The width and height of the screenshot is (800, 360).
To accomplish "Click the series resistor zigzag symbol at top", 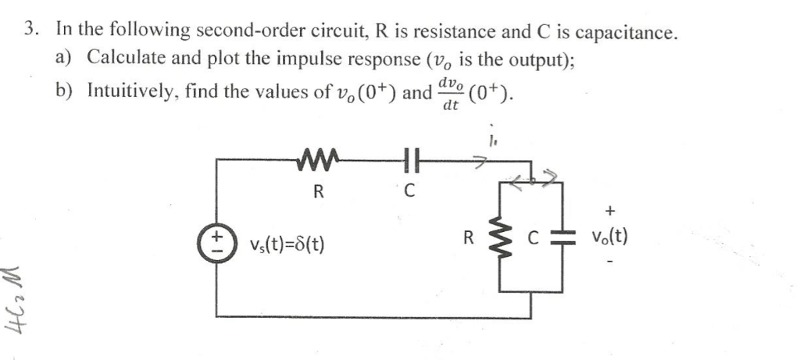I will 317,162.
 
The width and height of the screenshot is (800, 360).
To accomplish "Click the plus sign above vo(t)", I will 610,209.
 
